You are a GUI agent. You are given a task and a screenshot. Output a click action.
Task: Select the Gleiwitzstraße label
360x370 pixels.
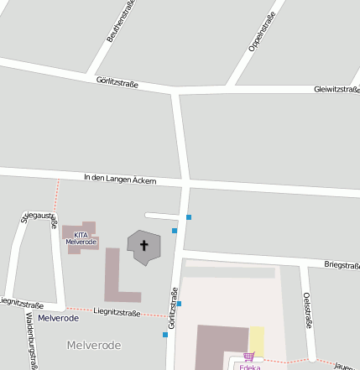[337, 89]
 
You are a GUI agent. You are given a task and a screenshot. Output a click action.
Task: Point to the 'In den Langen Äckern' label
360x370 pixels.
[120, 180]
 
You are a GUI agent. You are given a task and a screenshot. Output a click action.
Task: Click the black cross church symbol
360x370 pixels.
[143, 246]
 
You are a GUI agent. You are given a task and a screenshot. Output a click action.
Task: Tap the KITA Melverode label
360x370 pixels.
[81, 238]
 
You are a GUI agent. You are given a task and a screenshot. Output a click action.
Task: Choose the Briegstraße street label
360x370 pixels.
[342, 265]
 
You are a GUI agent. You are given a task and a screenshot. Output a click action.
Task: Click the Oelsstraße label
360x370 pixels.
[307, 310]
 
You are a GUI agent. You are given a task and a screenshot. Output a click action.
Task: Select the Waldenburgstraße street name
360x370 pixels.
[31, 341]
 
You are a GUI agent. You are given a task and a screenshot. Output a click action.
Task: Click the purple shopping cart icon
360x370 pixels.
[248, 357]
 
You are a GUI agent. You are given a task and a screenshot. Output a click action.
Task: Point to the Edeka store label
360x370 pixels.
[249, 367]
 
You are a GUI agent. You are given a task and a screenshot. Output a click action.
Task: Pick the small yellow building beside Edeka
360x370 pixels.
[257, 341]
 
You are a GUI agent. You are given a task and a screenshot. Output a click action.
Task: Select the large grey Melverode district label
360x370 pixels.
[93, 345]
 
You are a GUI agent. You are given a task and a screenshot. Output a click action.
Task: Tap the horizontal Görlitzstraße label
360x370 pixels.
[117, 82]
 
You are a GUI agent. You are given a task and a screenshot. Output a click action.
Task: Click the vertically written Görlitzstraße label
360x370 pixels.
[173, 306]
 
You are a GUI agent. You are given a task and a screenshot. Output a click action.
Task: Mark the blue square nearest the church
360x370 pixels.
[175, 230]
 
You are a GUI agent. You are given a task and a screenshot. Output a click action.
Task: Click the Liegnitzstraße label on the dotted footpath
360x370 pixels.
[117, 312]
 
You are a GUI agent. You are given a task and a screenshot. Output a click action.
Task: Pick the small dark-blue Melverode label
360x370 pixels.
[58, 318]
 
